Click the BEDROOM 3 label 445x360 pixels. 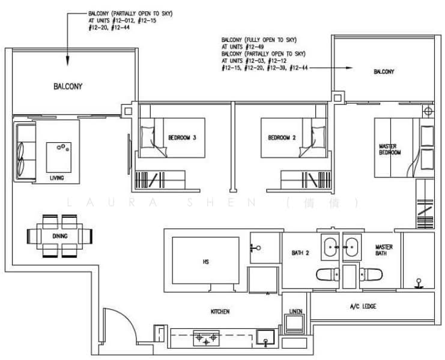[183, 138]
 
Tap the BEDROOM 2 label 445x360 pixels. [282, 138]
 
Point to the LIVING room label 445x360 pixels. [57, 178]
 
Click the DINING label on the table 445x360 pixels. [60, 236]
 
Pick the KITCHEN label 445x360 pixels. [220, 311]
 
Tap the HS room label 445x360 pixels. [205, 262]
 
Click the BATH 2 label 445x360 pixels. [300, 253]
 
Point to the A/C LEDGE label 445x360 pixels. [363, 307]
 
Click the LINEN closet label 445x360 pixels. [295, 312]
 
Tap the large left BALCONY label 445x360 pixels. [68, 86]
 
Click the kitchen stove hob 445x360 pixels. [205, 340]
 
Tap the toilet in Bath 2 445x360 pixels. [327, 275]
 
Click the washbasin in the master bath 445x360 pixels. [351, 247]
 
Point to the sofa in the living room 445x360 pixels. [24, 150]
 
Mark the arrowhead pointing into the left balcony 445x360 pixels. [68, 61]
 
